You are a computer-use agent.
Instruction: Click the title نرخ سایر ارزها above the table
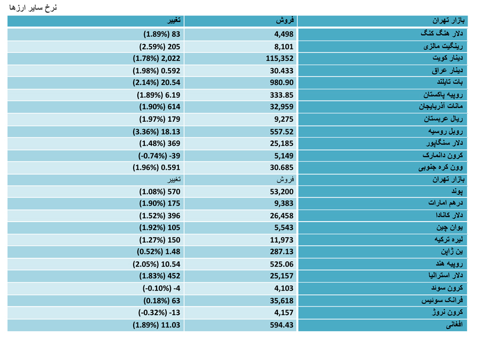33,7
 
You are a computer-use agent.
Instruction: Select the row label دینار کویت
447,58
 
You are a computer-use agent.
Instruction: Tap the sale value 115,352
280,59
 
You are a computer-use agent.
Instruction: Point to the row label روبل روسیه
445,131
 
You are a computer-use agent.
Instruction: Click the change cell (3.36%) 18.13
157,132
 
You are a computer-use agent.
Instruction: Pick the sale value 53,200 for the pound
282,192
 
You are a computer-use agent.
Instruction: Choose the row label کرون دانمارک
443,155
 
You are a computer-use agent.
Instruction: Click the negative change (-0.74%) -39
159,156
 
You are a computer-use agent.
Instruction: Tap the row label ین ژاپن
452,252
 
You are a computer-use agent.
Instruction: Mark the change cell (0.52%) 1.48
159,252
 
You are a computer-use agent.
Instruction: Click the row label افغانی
454,325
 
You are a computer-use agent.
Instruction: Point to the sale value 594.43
282,325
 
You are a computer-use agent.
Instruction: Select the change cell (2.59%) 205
160,47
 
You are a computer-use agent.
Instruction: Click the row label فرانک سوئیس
442,300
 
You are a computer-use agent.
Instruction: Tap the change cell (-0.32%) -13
159,313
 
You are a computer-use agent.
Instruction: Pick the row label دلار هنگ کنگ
442,34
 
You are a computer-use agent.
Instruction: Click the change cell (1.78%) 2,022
157,59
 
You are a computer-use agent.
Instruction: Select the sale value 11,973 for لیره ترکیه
282,240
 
